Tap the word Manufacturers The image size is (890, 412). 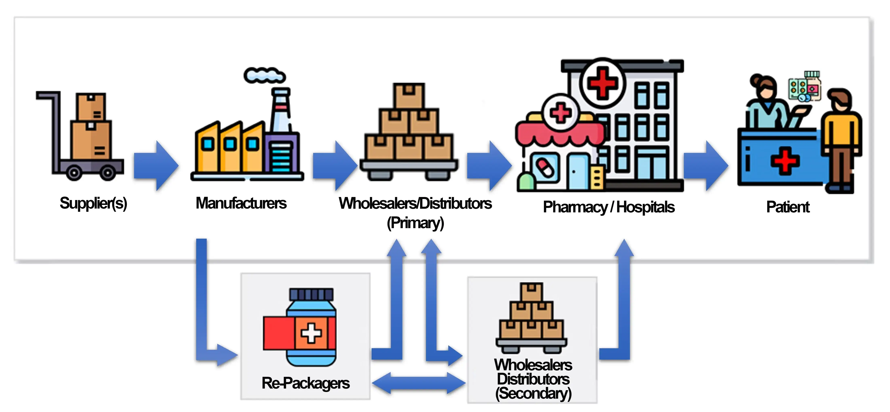coord(241,203)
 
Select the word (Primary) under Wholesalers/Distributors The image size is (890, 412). coord(415,223)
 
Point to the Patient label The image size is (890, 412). coord(788,207)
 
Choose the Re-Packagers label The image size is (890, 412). coord(305,383)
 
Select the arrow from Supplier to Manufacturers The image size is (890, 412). coord(156,166)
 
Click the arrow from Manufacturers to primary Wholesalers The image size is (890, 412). coord(335,166)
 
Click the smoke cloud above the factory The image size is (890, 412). coord(264,75)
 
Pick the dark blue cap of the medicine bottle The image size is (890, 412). coord(311,294)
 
